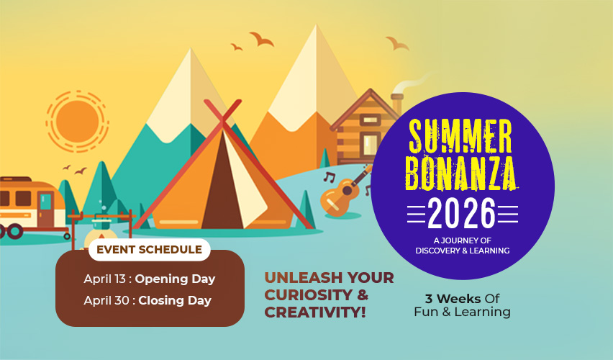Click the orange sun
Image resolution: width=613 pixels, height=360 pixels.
77,121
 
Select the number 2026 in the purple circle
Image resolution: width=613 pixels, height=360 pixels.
462,214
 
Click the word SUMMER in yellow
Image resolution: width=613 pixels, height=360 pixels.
460,135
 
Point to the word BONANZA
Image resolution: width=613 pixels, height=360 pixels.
461,174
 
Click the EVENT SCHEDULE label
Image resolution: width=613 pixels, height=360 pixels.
150,250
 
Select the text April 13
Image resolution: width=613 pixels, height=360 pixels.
104,279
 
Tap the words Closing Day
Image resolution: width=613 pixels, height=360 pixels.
175,300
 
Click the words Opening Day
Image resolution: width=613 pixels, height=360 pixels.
175,279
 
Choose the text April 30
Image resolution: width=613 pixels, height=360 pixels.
106,300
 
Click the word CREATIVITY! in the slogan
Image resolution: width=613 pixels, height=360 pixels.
315,312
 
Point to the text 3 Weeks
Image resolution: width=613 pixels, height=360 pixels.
453,299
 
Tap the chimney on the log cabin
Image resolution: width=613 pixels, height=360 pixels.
397,103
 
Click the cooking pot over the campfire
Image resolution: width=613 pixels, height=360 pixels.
101,223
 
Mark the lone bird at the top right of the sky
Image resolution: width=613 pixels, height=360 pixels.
397,42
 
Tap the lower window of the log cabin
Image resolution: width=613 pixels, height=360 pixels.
370,143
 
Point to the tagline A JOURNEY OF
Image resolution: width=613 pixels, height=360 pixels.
462,240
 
